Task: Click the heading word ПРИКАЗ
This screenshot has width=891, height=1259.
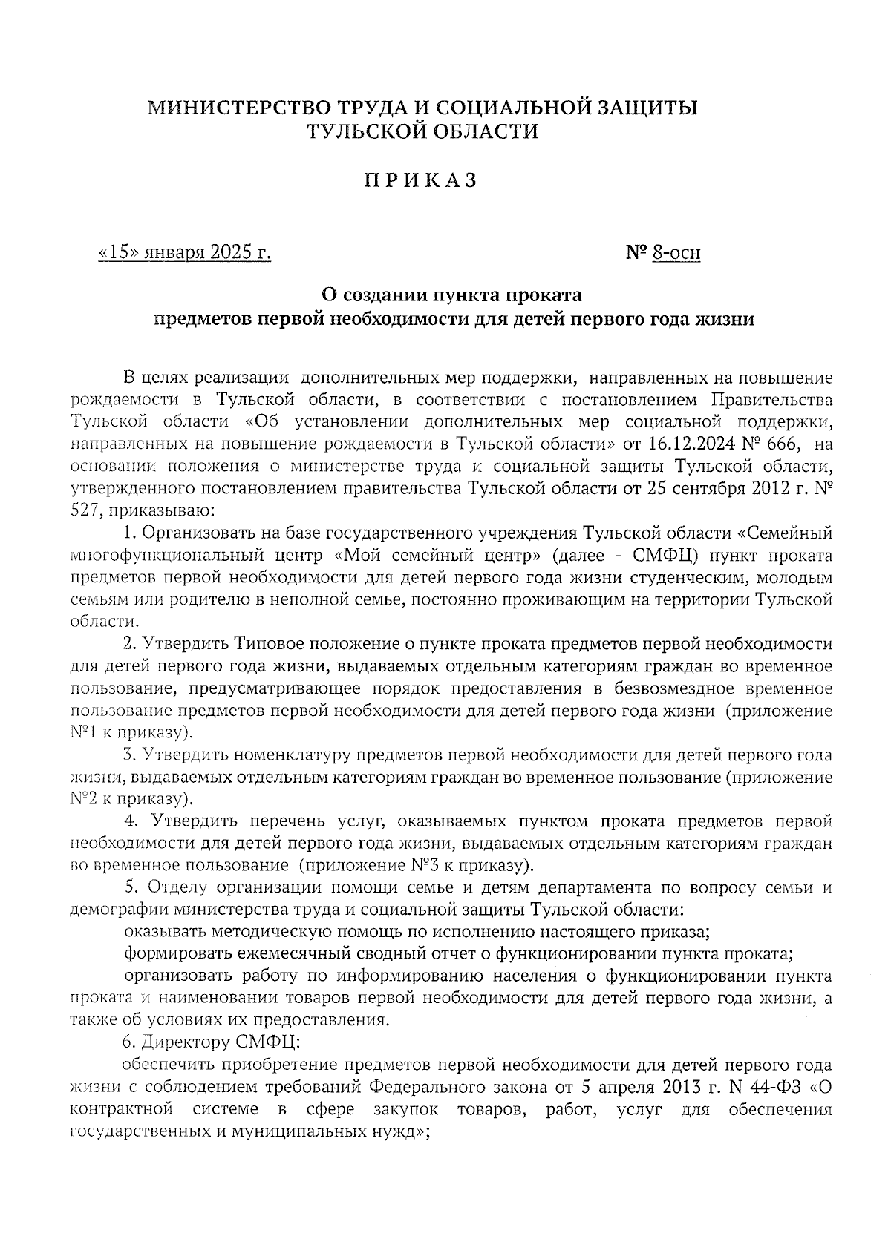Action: click(x=420, y=182)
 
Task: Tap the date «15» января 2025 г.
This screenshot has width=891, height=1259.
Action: click(x=185, y=253)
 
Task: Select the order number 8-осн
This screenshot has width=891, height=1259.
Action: click(x=676, y=254)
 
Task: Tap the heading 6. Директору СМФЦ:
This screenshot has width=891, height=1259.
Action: click(x=211, y=1042)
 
